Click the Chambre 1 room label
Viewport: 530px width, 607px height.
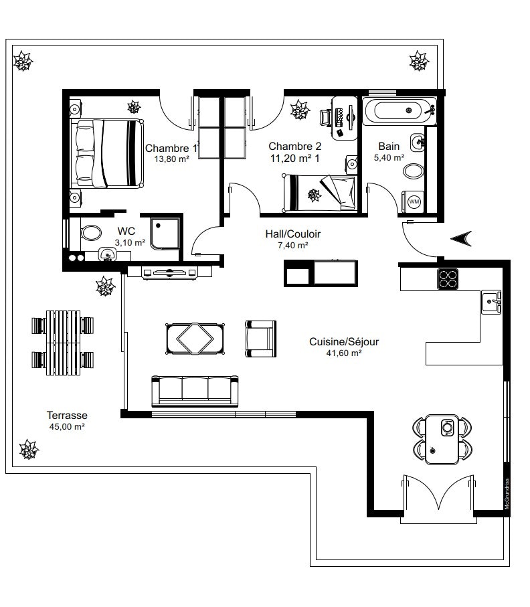[171, 149]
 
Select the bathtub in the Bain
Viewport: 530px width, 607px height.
[400, 110]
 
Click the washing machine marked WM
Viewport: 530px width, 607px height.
[414, 201]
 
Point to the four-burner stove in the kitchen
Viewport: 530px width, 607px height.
[448, 278]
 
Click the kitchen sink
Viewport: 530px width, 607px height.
[491, 302]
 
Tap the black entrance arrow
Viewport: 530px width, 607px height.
[461, 238]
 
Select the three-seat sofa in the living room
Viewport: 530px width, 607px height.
[195, 391]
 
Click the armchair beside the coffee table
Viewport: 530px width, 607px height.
[260, 339]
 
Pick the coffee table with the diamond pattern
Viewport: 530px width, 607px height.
[195, 339]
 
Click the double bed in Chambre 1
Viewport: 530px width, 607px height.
[107, 153]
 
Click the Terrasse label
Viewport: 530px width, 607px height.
[67, 416]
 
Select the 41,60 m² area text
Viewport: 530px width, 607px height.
[344, 353]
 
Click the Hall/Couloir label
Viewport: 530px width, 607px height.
[292, 234]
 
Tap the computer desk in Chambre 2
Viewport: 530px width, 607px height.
[345, 118]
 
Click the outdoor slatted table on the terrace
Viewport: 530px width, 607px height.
[63, 343]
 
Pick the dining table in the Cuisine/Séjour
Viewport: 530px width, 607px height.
[442, 440]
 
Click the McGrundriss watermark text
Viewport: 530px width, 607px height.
[507, 495]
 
